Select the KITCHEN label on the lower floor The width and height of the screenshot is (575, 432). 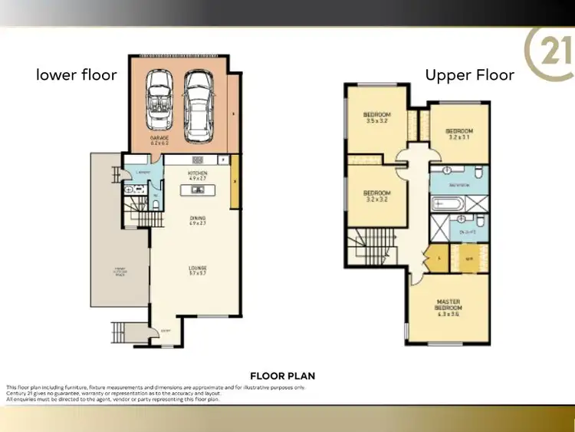[198, 176]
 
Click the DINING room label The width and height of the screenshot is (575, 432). [198, 220]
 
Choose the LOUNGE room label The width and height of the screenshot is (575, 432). [198, 269]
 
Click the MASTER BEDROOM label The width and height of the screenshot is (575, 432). [448, 305]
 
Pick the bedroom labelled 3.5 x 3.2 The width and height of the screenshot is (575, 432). [376, 117]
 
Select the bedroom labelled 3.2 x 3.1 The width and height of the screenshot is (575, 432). [458, 134]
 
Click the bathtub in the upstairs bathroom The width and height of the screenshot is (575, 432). [445, 205]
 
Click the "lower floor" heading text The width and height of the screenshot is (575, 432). [77, 75]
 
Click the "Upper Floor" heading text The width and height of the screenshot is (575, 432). [470, 75]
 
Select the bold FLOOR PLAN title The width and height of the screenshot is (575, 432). [283, 376]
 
